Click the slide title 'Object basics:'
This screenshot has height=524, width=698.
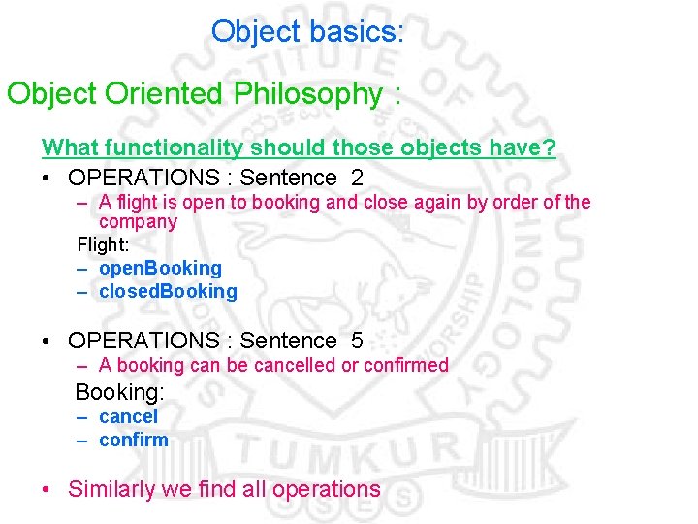(307, 32)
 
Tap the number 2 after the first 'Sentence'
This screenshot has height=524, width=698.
(357, 178)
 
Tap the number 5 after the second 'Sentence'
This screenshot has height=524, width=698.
(357, 341)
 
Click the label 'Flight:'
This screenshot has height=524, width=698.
(102, 245)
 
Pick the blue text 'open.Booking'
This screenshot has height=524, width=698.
(160, 268)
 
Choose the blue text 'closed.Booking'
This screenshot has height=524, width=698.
(168, 291)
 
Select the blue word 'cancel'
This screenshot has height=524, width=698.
(128, 416)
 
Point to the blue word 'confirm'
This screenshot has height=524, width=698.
(134, 440)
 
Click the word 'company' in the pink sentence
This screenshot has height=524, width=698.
(139, 222)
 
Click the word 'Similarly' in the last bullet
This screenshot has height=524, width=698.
(112, 489)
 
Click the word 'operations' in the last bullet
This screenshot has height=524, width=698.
(327, 489)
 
